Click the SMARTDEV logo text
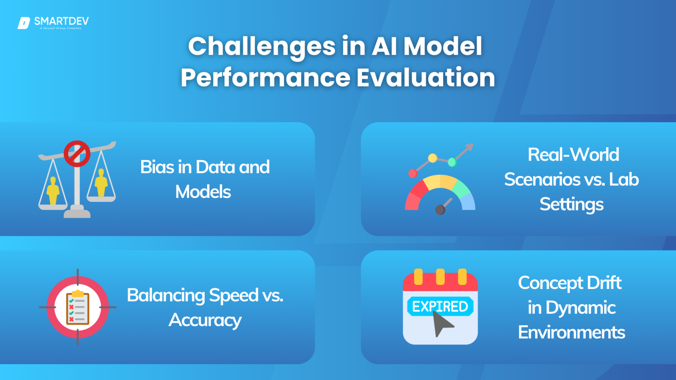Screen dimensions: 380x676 [61, 21]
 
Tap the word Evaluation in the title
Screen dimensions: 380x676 [426, 78]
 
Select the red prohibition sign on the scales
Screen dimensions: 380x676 [77, 154]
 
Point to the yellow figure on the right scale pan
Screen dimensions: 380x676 [101, 183]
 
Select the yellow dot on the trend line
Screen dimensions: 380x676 [433, 158]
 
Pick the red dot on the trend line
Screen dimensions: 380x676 [413, 173]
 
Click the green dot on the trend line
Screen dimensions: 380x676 [452, 162]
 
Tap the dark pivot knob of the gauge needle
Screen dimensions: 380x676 [440, 210]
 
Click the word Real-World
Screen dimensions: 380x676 [573, 155]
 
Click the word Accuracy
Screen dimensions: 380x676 [205, 320]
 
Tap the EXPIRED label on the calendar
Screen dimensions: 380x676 [440, 307]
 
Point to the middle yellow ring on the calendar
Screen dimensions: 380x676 [440, 277]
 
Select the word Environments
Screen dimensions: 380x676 [571, 332]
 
